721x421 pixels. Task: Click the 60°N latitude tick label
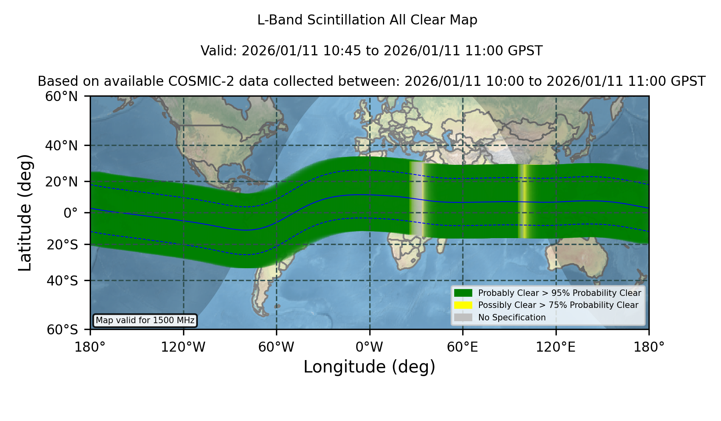61,97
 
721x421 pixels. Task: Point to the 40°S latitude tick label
62,281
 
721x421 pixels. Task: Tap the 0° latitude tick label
70,213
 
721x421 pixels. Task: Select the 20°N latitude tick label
61,182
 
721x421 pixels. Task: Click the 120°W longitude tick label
183,347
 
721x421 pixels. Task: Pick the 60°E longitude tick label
463,347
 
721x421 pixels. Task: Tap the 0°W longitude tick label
369,347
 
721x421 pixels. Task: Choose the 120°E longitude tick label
556,347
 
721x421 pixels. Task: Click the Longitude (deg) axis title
369,367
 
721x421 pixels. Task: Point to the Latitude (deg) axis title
25,213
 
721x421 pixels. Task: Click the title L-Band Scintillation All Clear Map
367,20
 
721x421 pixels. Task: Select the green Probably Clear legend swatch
463,293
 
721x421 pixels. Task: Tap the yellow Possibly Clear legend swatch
463,305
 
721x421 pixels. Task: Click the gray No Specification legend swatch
463,318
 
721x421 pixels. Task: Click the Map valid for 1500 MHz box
145,320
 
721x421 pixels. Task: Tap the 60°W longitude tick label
276,347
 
